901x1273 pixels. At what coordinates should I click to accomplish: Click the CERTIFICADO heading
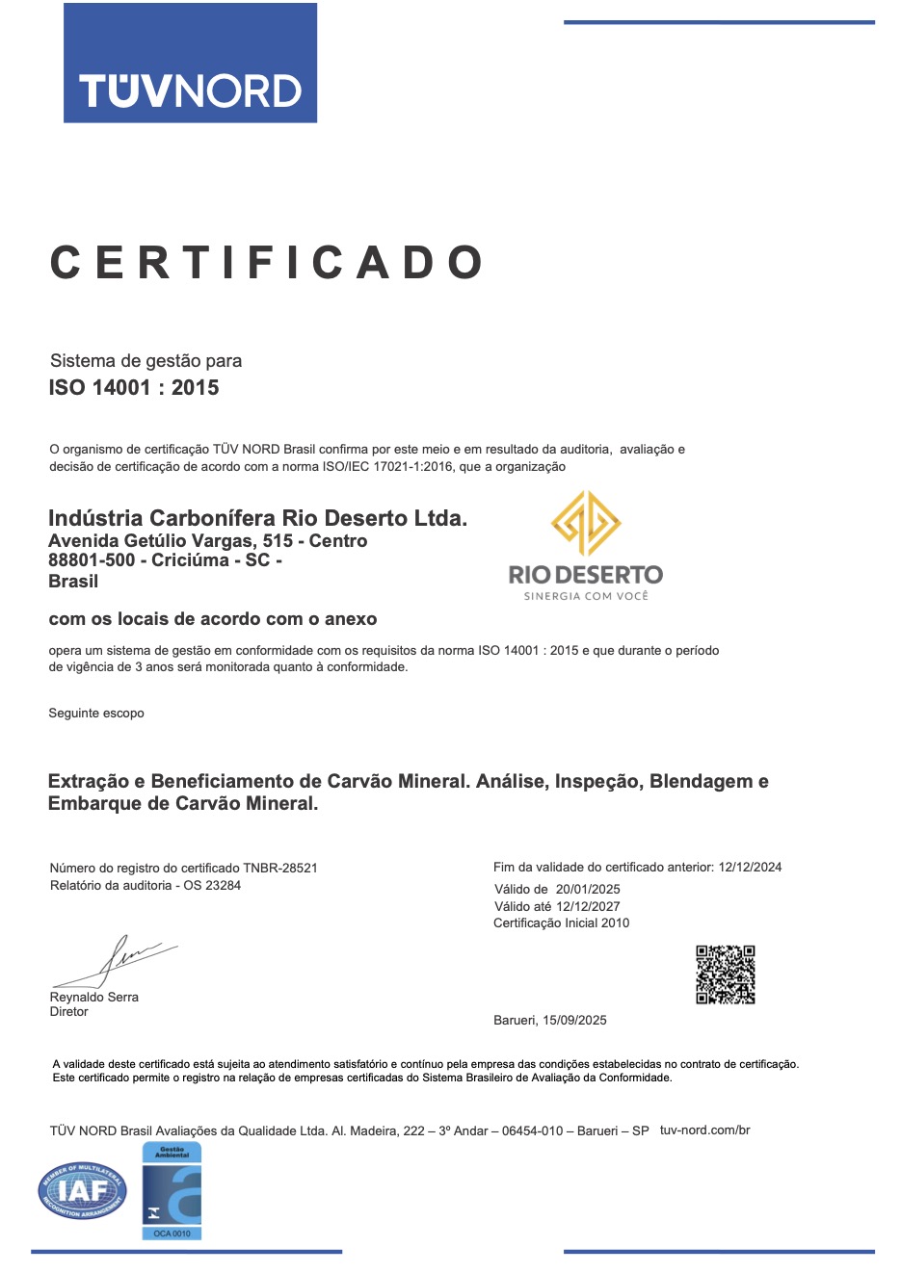tap(266, 263)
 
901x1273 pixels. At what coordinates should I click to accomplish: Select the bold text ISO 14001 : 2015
tap(134, 388)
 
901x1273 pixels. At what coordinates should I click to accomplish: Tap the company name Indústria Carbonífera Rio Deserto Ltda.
tap(257, 518)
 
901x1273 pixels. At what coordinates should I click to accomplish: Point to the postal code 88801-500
tap(92, 560)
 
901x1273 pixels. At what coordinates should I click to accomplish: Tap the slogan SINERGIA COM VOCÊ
tap(586, 596)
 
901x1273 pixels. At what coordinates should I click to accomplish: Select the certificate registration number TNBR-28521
tap(280, 868)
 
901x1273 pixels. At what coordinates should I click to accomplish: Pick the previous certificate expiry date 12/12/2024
tap(750, 867)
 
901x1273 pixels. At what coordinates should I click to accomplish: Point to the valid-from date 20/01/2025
tap(588, 889)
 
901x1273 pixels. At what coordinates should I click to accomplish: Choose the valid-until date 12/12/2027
tap(588, 906)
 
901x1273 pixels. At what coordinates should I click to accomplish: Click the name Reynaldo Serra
tap(94, 997)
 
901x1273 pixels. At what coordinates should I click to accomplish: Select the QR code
tap(725, 974)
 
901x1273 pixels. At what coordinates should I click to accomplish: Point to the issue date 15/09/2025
tap(574, 1020)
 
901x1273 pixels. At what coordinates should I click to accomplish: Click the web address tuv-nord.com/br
tap(704, 1130)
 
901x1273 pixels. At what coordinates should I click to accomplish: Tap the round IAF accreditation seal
tap(83, 1190)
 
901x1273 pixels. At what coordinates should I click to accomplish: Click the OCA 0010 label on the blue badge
tap(172, 1233)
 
